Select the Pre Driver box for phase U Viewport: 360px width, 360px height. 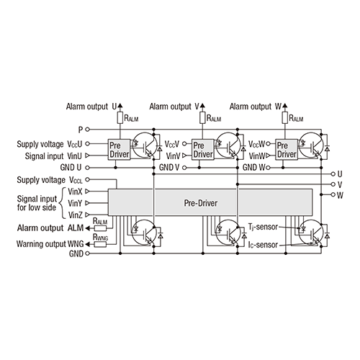pos(118,149)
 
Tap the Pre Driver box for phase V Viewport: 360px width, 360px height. pos(203,149)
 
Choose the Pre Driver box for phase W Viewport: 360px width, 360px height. pos(286,149)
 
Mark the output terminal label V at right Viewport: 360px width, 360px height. pos(339,184)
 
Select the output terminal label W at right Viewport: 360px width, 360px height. pos(340,195)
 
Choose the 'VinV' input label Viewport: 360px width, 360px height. pos(173,155)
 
